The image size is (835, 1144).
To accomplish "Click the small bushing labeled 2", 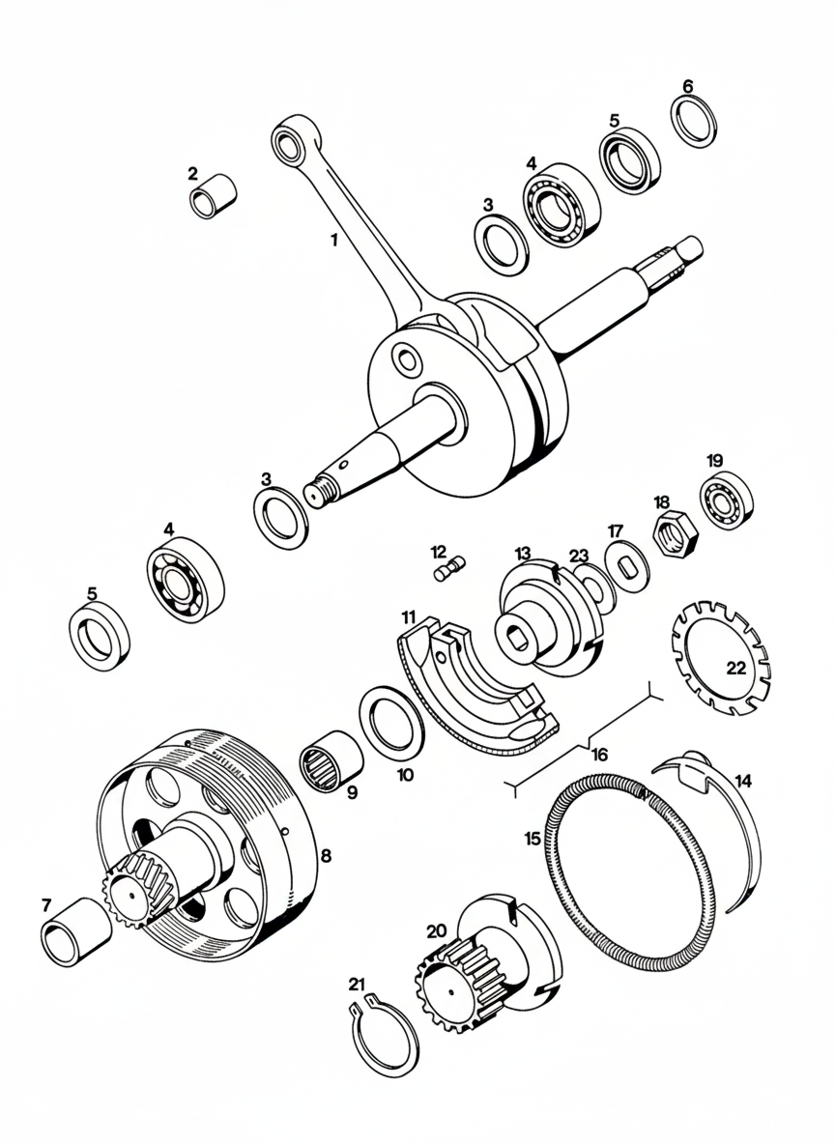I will [214, 197].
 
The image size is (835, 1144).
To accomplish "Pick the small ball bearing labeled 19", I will [727, 498].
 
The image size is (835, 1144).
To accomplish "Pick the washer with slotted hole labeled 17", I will [627, 568].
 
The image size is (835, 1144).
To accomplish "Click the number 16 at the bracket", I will [600, 755].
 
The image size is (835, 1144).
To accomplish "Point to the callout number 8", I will [326, 854].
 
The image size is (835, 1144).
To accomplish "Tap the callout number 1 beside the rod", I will [333, 238].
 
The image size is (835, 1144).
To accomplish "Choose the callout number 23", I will [578, 556].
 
